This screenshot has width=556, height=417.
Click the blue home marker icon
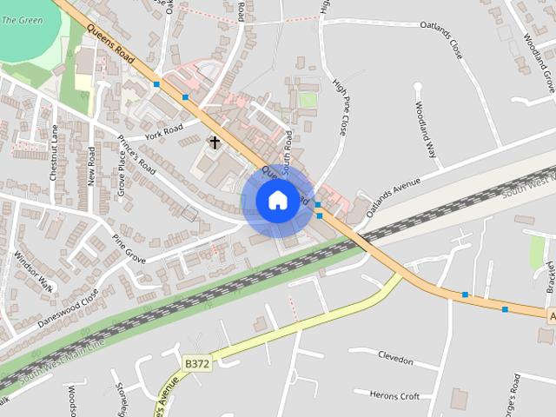(x=277, y=201)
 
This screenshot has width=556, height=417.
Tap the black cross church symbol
(x=214, y=142)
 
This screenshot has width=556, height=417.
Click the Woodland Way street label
(x=425, y=129)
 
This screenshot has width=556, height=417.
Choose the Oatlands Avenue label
(x=393, y=197)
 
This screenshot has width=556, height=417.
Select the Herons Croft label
(x=394, y=396)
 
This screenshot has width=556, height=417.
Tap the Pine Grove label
(x=129, y=248)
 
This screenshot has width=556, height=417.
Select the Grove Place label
(x=122, y=173)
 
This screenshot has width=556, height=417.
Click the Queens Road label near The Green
(x=117, y=47)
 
